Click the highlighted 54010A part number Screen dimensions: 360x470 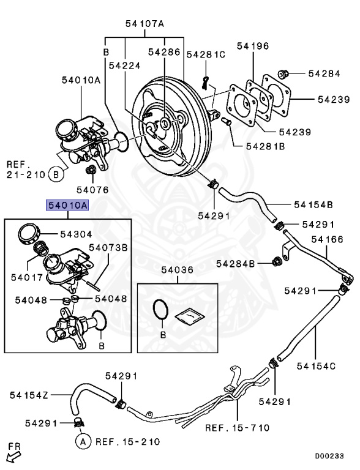pos(67,206)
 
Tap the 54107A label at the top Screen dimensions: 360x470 pos(144,24)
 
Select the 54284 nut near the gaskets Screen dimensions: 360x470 pos(283,73)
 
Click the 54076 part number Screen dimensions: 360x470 pos(92,190)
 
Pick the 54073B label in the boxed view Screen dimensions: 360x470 pos(108,248)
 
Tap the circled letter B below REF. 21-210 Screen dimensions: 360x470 pos(56,174)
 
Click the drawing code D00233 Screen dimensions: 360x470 pos(329,456)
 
